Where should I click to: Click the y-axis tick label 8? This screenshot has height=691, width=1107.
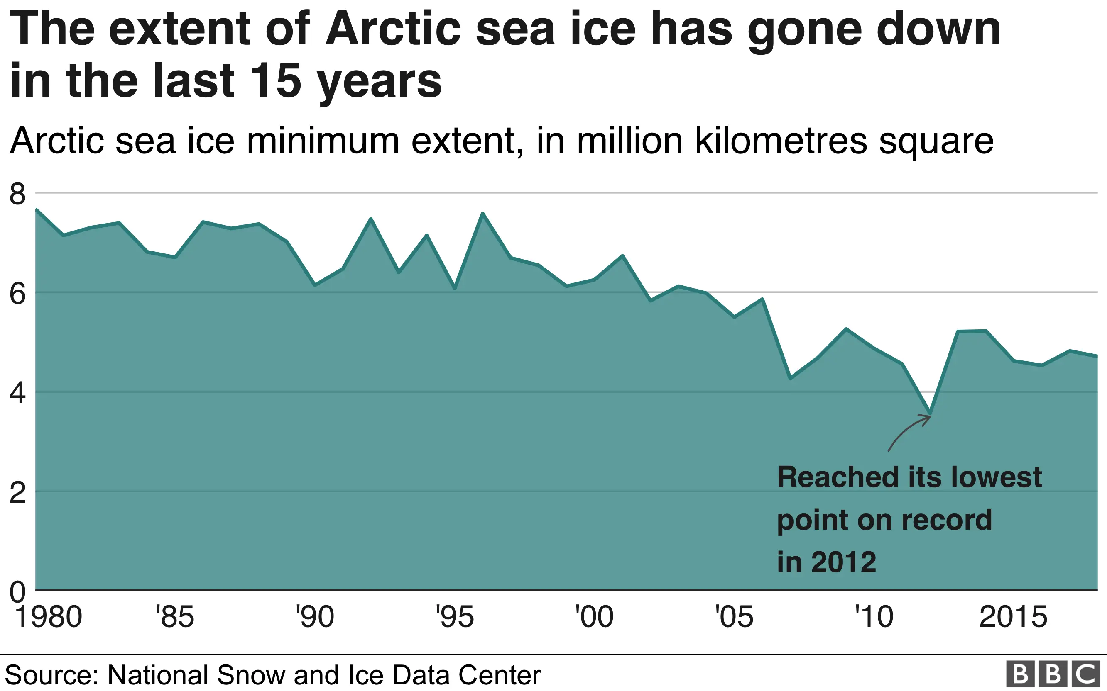click(x=17, y=194)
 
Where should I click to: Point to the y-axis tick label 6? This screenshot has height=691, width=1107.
click(x=17, y=294)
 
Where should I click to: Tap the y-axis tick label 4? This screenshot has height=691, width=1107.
click(x=17, y=393)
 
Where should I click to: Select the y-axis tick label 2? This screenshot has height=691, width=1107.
click(x=17, y=493)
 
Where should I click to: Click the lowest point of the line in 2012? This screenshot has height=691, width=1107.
click(x=930, y=413)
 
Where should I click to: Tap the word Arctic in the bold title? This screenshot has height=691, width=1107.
click(x=393, y=29)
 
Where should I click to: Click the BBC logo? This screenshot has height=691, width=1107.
click(x=1053, y=674)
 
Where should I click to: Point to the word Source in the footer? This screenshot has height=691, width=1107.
click(x=51, y=675)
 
